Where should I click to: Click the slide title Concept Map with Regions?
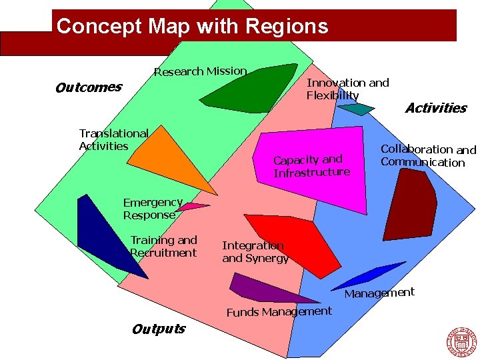(193, 27)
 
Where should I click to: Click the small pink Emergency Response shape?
(190, 207)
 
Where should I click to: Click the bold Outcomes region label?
(88, 87)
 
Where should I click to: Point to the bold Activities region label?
(435, 108)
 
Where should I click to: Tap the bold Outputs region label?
(159, 329)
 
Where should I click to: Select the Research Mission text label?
(200, 71)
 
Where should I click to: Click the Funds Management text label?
(279, 312)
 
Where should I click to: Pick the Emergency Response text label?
(152, 209)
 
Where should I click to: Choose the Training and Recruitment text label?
(163, 246)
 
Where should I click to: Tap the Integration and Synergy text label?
(255, 252)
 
